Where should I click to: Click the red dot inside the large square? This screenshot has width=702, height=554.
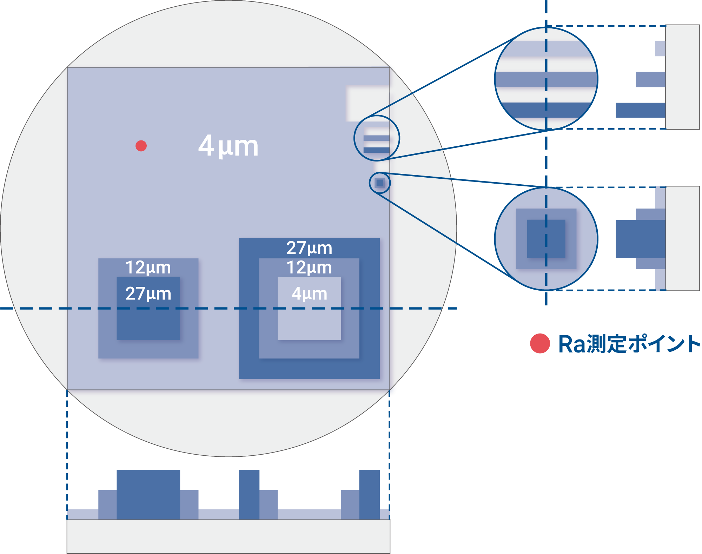coord(141,146)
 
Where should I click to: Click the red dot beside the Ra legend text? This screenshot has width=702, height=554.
coord(540,343)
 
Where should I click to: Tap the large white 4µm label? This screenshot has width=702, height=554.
coord(228,146)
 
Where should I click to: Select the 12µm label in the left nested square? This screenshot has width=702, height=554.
coord(148,268)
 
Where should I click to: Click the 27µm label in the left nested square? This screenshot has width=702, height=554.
coord(148,294)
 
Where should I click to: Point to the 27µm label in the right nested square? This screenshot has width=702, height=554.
coord(309,248)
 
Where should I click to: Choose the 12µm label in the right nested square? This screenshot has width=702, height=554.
coord(309,268)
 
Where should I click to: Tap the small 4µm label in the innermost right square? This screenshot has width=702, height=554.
coord(309,294)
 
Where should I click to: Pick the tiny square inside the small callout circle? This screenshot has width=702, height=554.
coord(379,183)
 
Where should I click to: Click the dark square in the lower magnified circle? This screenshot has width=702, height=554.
coord(546,239)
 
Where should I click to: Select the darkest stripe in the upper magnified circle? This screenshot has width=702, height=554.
coord(546,110)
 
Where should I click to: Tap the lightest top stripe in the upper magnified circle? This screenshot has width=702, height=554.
coord(546,49)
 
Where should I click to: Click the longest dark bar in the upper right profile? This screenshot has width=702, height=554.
coord(640,110)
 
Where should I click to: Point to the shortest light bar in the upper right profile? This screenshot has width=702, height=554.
coord(660,48)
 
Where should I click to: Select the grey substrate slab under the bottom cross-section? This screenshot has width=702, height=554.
coord(228,536)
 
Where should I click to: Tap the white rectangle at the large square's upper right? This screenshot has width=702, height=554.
coord(367,104)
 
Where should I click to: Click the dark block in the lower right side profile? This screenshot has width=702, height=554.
coord(640,239)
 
